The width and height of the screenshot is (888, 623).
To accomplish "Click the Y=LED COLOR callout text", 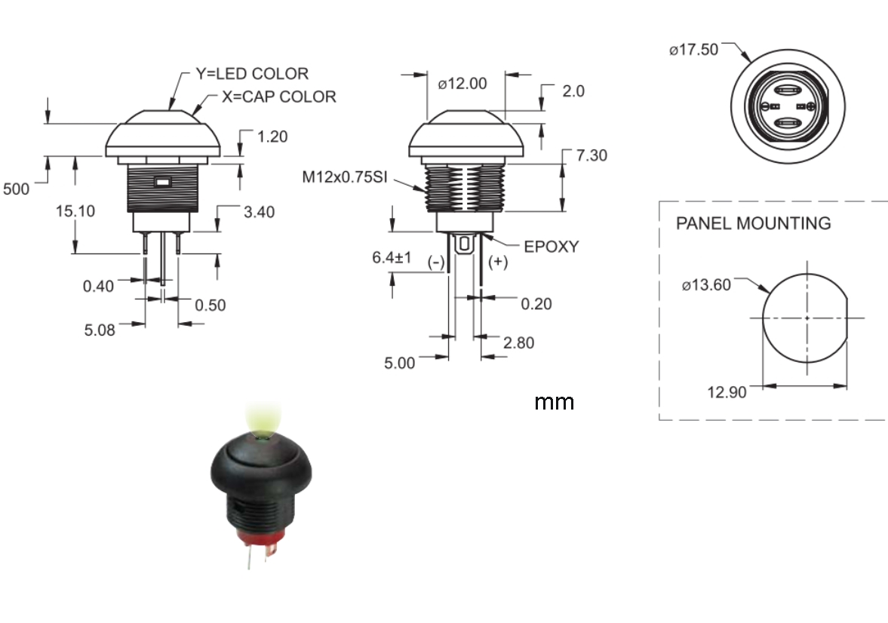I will [252, 74].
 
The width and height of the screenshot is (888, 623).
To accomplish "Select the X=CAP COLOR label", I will [279, 97].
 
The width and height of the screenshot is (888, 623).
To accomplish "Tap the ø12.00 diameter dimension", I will [462, 84].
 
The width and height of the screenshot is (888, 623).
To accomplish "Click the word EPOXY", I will [551, 247].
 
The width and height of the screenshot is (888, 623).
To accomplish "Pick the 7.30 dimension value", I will [591, 156].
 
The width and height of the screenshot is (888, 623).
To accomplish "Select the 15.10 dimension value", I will [75, 211].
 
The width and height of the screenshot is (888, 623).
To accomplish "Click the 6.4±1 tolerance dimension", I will [392, 258].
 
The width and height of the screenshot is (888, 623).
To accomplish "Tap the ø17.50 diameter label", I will [693, 51].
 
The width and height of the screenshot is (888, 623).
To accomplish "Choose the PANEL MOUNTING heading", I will [753, 223].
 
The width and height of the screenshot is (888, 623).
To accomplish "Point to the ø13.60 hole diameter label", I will [706, 286].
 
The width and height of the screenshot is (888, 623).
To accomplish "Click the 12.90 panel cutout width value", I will [727, 391].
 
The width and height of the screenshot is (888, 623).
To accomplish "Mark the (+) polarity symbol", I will [498, 262].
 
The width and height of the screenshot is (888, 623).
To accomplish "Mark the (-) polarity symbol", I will [436, 262].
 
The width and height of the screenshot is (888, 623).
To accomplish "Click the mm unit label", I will [554, 402].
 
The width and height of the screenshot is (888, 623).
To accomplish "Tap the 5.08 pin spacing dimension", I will [100, 330].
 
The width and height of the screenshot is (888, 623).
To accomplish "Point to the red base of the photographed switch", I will [260, 538].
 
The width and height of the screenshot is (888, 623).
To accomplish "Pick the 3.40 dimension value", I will [259, 212].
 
